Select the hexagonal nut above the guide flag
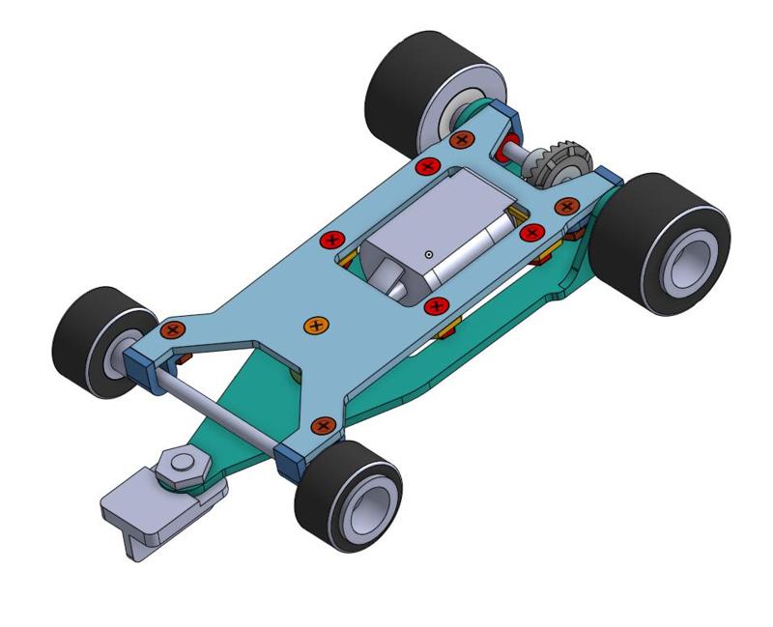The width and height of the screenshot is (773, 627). [180, 467]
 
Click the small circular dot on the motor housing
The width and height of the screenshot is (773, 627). [427, 254]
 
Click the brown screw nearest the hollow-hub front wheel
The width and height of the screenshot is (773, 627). [323, 424]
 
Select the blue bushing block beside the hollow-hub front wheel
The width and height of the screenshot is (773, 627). [293, 461]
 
